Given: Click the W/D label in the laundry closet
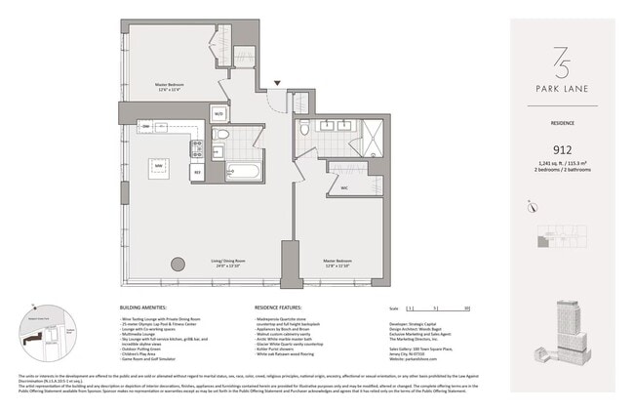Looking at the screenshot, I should point(218,114).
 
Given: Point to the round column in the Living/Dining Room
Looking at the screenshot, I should point(178,263).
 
